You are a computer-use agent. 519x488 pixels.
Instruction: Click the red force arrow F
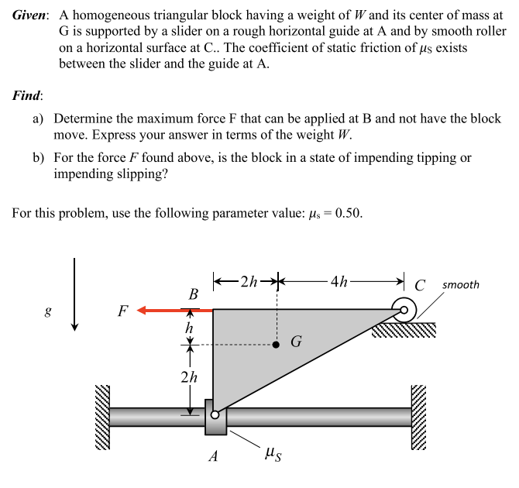pos(174,311)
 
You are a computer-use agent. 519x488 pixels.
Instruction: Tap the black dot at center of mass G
pos(277,345)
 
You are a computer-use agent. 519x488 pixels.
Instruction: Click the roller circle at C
pos(403,310)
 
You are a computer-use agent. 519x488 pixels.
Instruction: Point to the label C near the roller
pos(421,284)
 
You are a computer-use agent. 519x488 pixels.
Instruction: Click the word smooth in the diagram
pos(461,284)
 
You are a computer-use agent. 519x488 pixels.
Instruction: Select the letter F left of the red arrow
pos(122,311)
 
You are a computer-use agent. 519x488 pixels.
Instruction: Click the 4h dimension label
pos(339,282)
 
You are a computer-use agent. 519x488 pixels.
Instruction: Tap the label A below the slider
pos(214,456)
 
